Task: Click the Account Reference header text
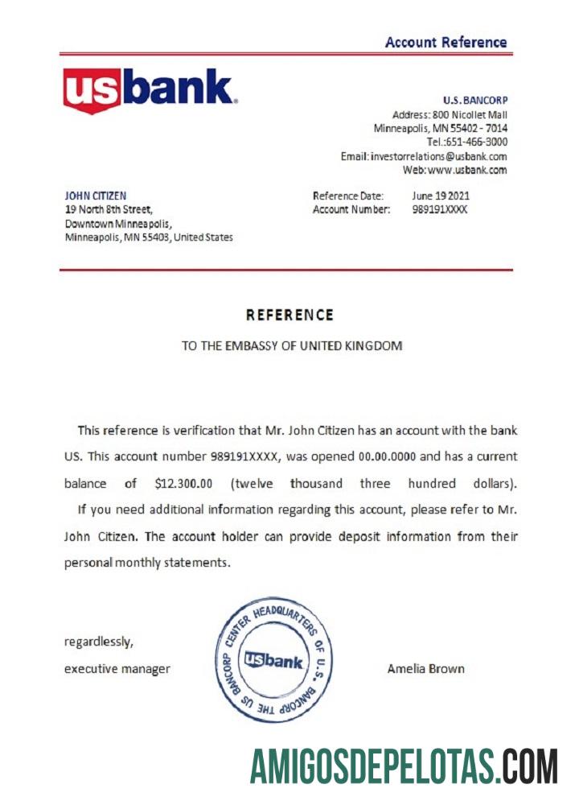point(446,43)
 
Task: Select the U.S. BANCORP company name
point(474,101)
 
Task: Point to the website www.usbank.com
point(467,170)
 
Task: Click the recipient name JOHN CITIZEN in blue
point(95,196)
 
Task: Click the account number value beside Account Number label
point(439,209)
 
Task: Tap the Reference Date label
point(348,196)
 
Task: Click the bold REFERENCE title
point(289,315)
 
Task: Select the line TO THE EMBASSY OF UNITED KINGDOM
point(291,346)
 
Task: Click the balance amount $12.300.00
point(183,484)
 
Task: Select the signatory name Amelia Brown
point(425,668)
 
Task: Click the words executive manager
point(117,668)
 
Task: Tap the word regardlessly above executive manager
point(99,642)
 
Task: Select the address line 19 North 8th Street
point(108,209)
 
